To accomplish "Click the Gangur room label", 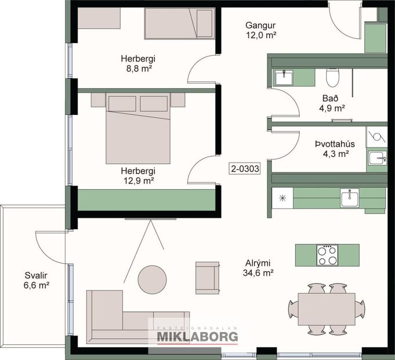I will click(x=259, y=26).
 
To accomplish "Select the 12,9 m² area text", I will click(x=138, y=181).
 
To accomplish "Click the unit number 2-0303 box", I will click(x=244, y=169).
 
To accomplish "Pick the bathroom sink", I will click(x=284, y=77).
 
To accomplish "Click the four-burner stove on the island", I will click(x=327, y=255).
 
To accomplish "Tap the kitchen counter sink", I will click(x=350, y=198).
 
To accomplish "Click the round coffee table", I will click(x=153, y=279).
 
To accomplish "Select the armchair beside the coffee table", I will click(x=208, y=278).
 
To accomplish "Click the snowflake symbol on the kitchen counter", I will click(x=283, y=197).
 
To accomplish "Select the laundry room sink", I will click(x=376, y=157).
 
